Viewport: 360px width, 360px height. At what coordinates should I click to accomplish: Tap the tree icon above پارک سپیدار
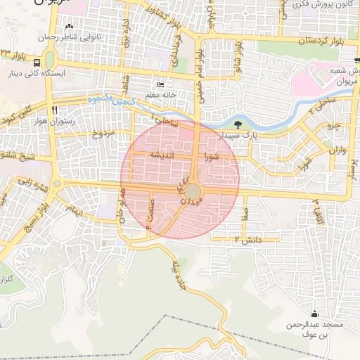(238, 124)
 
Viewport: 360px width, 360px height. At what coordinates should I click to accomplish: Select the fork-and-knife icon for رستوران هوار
(54, 110)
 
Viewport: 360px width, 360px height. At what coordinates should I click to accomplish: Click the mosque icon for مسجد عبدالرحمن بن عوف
(314, 314)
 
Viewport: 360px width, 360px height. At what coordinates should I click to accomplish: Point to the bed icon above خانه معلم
(160, 84)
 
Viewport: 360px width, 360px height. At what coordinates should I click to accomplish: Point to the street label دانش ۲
(247, 240)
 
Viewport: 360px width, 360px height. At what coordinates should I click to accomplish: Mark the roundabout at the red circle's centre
(193, 191)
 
